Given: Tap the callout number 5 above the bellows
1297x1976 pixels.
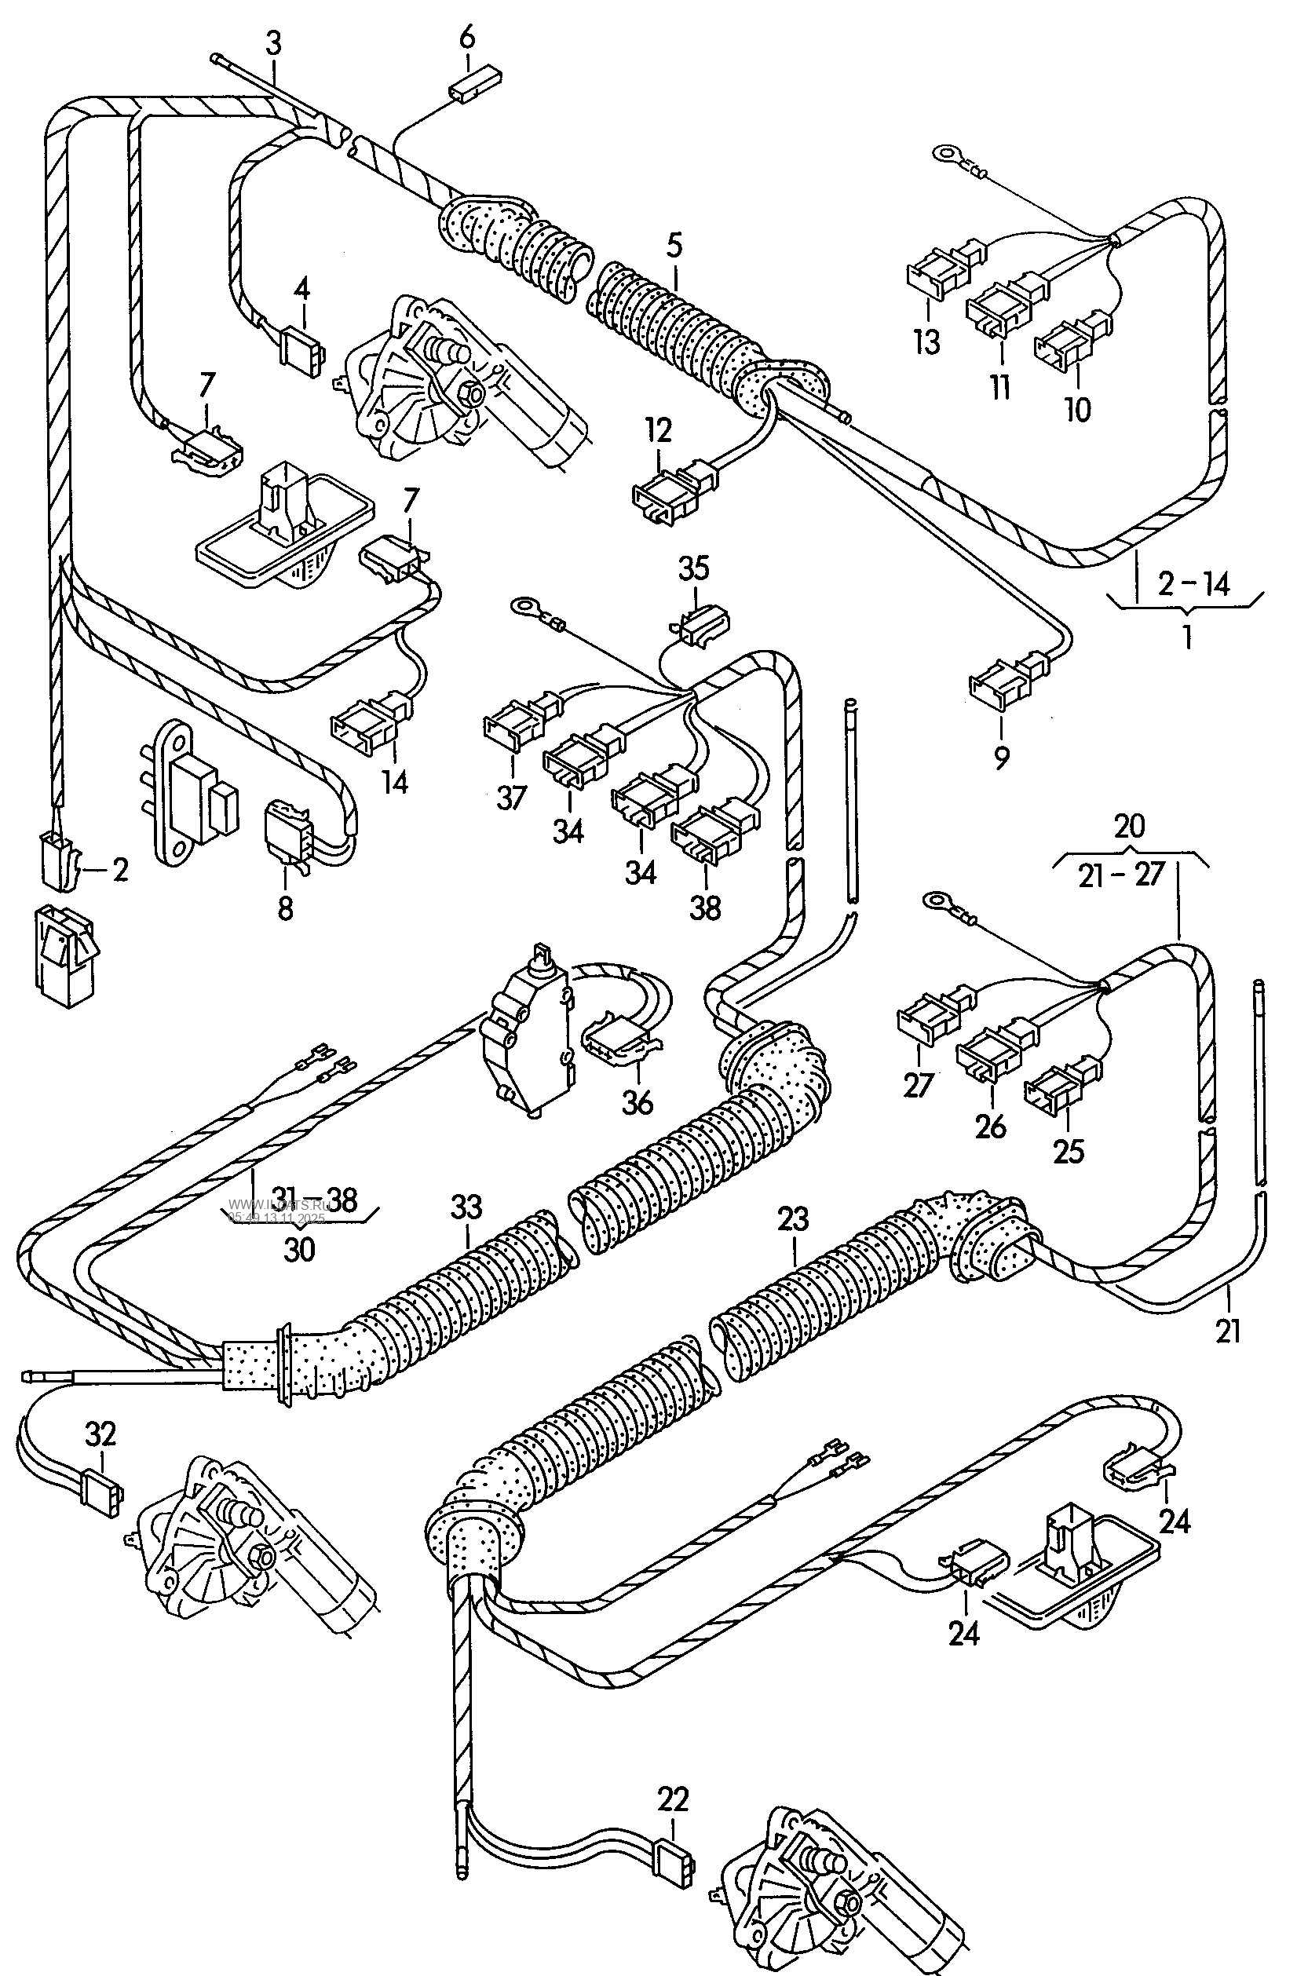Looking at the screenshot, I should tap(674, 246).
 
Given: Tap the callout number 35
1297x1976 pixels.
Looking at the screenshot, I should tap(694, 568).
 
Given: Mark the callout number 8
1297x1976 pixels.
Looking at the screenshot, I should tap(285, 908).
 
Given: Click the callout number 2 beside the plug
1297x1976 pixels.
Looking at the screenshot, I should tap(120, 870).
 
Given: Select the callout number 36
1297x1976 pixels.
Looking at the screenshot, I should tap(637, 1102).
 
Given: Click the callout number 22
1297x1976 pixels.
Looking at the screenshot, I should tap(673, 1799).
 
